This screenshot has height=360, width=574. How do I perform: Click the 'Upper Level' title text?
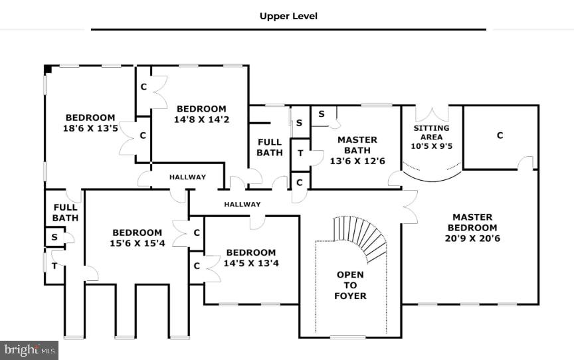[x=288, y=16]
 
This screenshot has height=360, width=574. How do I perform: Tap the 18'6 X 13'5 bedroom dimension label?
[x=90, y=124]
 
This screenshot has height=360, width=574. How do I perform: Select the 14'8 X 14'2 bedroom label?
[x=201, y=114]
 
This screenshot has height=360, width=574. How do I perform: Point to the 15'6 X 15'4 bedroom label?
[x=137, y=238]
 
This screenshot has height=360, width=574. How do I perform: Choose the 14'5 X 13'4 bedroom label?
[x=250, y=258]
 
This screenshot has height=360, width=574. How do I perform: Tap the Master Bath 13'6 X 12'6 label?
[x=357, y=150]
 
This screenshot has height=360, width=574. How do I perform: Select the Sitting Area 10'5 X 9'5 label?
[x=431, y=137]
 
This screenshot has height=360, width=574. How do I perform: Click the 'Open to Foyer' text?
[x=350, y=285]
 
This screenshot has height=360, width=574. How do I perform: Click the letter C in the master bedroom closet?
[x=500, y=135]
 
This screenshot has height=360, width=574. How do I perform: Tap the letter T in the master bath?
[x=300, y=153]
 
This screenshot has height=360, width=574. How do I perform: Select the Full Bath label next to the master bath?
[x=270, y=147]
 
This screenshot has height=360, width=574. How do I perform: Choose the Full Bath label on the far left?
[x=65, y=213]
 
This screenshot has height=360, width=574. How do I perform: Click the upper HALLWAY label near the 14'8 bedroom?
[x=187, y=177]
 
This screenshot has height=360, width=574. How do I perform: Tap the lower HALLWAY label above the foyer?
[x=242, y=205]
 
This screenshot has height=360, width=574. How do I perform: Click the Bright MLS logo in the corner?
[x=29, y=349]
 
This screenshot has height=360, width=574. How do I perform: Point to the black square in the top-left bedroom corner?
[x=48, y=68]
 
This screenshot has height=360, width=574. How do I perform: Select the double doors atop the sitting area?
[x=431, y=113]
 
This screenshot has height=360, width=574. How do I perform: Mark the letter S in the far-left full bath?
[x=53, y=237]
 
